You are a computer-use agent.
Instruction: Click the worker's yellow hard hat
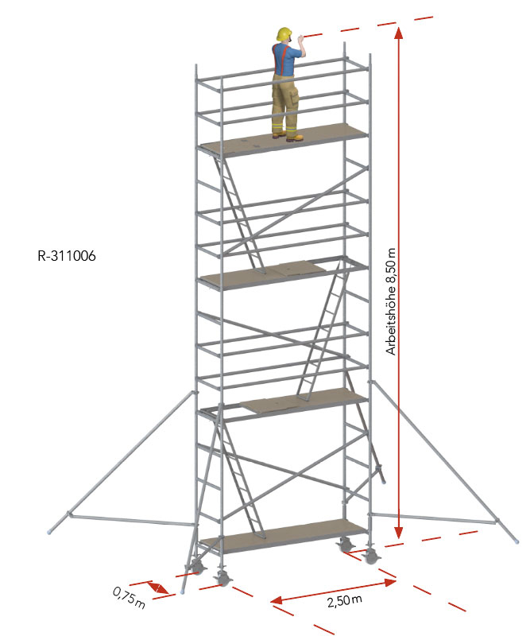pos(284,34)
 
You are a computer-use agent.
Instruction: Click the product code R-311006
pos(67,256)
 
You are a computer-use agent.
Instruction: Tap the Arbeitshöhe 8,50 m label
pos(391,301)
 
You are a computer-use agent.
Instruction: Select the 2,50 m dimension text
pos(344,600)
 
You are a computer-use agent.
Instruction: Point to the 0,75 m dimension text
pos(129,598)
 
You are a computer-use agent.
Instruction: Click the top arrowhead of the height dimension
pos(399,33)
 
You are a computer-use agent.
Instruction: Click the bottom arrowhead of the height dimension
pos(399,531)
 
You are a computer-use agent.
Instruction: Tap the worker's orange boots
pos(288,136)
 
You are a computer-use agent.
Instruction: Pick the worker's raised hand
pos(301,40)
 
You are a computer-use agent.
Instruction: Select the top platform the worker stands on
pos(283,141)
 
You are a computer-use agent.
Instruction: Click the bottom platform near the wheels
pos(283,536)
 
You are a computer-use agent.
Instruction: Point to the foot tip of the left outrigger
pos(49,532)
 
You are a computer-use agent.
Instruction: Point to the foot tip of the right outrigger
pos(517,541)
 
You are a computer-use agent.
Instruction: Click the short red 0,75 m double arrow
pos(157,588)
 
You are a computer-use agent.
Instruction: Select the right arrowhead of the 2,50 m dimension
pos(390,582)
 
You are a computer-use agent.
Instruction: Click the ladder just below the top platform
pos(238,212)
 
